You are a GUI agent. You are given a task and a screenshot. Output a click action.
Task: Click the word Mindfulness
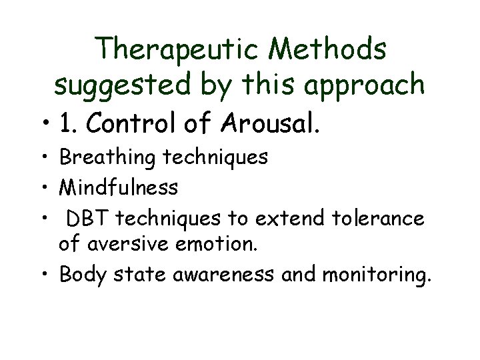point(119,188)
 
